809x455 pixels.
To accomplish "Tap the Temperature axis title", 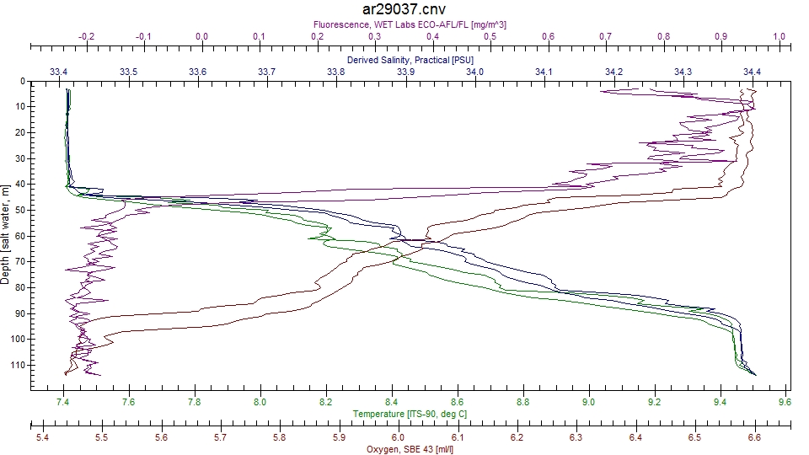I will (410, 414).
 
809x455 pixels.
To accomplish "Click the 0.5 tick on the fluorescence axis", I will (490, 37).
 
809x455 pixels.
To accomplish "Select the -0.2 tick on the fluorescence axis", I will (86, 37).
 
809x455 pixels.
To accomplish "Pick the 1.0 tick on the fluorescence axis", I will (778, 37).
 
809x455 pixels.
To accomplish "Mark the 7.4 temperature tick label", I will (63, 403).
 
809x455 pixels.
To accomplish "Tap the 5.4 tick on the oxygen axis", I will (42, 438).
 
